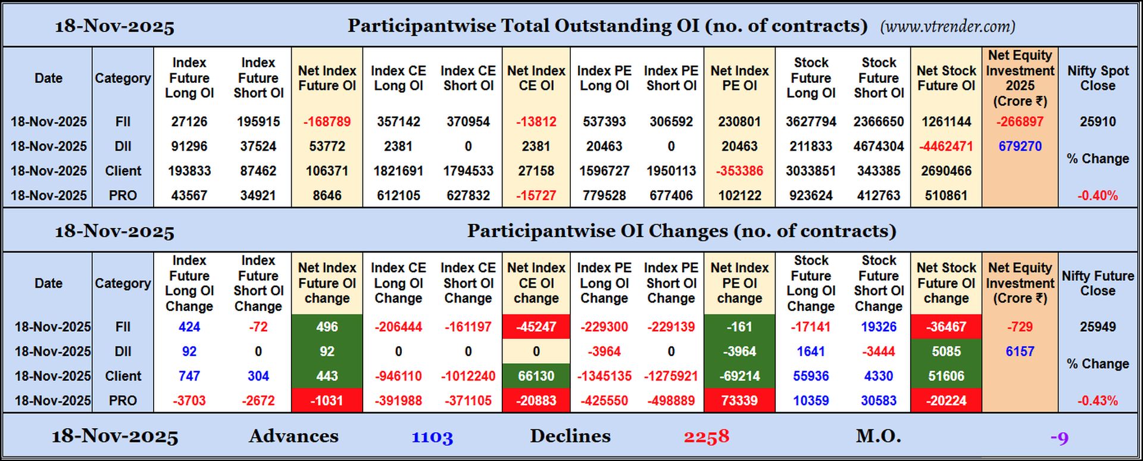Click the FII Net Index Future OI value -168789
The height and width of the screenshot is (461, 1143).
pos(327,122)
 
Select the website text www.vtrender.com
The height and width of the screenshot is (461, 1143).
pos(947,27)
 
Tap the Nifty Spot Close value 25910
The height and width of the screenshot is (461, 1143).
pos(1098,122)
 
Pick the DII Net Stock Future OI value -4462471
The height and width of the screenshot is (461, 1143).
pos(946,147)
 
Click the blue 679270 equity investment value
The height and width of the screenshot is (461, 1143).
pos(1020,147)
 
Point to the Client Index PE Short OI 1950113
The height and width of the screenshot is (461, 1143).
pos(671,171)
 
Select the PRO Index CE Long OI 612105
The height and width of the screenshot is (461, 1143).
pos(398,195)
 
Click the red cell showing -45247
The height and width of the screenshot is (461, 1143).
pos(536,327)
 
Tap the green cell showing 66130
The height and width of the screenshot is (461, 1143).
pos(536,376)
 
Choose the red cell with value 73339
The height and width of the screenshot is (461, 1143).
pos(739,401)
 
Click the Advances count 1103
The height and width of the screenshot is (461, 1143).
pos(432,438)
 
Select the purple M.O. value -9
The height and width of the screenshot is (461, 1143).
pos(1059,438)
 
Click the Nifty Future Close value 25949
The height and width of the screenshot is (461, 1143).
pos(1098,327)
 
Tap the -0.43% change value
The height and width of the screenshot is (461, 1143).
pos(1097,401)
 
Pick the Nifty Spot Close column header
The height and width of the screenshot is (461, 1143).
pos(1098,78)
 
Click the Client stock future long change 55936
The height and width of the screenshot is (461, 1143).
pos(811,376)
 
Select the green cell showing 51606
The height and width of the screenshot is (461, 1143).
pos(946,376)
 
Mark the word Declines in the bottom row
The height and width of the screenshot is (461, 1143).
pos(570,436)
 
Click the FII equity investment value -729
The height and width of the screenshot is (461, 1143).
pos(1020,327)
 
